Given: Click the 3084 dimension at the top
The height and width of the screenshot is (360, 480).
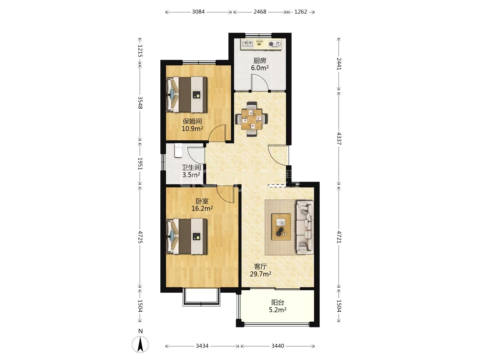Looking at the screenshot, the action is click(198, 12).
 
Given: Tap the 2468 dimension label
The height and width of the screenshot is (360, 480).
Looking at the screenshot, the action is click(260, 12).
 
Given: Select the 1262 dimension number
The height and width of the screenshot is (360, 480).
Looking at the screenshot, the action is click(301, 12).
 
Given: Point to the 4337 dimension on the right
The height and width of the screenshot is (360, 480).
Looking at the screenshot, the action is click(339, 139).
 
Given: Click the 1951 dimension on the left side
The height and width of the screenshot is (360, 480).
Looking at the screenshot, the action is click(140, 164).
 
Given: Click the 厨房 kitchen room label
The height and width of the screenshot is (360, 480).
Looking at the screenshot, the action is click(260, 60).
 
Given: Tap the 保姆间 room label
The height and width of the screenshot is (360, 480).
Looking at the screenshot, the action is click(192, 121).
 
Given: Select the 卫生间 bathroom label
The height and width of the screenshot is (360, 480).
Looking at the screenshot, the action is click(191, 168).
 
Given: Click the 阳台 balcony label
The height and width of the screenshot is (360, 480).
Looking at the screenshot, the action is click(278, 303).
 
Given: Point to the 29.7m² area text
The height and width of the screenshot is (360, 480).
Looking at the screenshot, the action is click(260, 274).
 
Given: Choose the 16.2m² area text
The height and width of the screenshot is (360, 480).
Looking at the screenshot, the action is click(202, 208).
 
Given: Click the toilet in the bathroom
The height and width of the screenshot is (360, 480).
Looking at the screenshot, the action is click(179, 150).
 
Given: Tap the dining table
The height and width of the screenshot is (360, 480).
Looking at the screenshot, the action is click(251, 119).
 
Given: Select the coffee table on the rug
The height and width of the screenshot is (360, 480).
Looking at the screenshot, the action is click(281, 227).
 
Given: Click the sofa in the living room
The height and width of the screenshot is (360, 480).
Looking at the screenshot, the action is click(305, 227).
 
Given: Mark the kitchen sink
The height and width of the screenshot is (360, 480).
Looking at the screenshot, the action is click(247, 44).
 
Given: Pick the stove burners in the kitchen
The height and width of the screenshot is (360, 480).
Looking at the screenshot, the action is click(275, 44).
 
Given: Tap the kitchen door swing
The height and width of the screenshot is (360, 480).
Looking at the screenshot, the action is click(260, 82).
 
